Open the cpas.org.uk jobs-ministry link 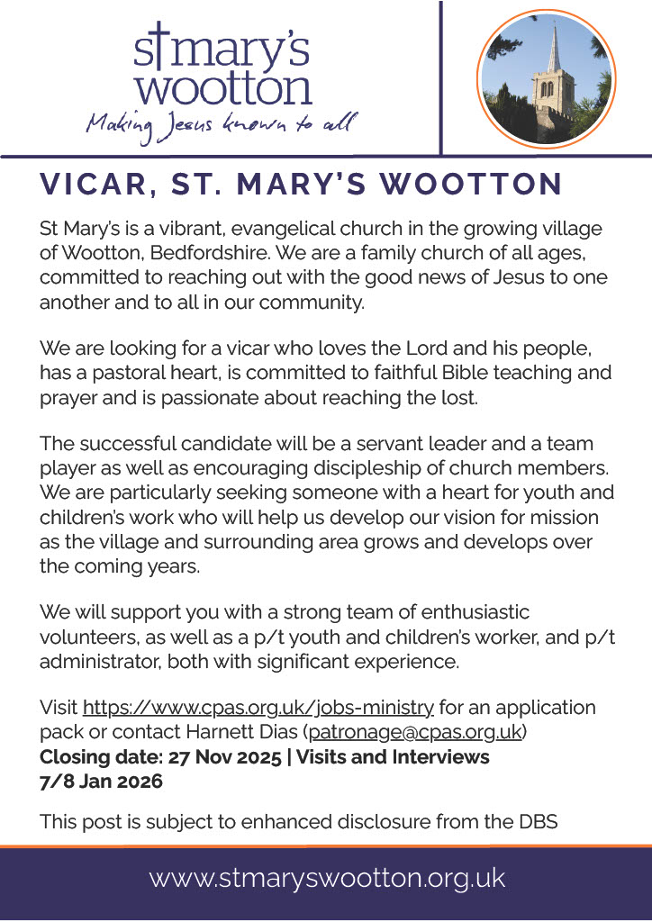tap(258, 708)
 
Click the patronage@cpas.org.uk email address tap(415, 732)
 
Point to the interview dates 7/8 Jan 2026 tap(101, 781)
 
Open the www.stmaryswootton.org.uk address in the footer tap(327, 878)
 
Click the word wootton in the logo tap(228, 88)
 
